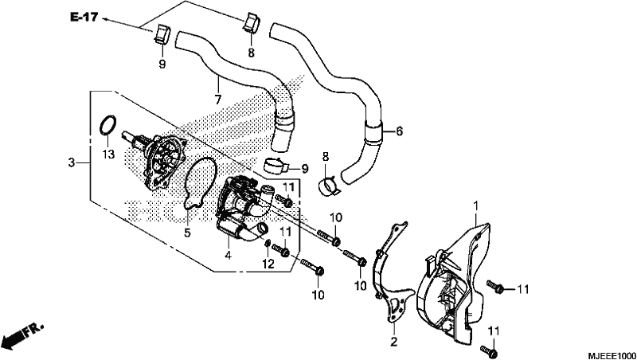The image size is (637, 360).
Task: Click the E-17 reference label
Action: (84, 18)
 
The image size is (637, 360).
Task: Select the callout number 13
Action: (109, 155)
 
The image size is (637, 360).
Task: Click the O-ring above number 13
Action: (108, 124)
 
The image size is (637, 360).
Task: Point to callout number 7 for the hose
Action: (217, 99)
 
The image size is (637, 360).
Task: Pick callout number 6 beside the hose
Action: (399, 131)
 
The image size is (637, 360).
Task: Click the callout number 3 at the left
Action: (72, 163)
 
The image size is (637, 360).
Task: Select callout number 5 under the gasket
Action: (187, 233)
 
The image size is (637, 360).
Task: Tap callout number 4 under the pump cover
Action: (229, 256)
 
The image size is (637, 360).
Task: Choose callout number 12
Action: (268, 264)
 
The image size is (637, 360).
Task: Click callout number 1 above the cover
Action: (475, 206)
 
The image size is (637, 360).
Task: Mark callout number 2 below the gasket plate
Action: (393, 342)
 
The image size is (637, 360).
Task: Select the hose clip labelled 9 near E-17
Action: (162, 33)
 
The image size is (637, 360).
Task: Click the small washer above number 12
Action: (268, 244)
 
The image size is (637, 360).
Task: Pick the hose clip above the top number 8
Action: (252, 24)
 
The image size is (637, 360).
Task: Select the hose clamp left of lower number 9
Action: (276, 164)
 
